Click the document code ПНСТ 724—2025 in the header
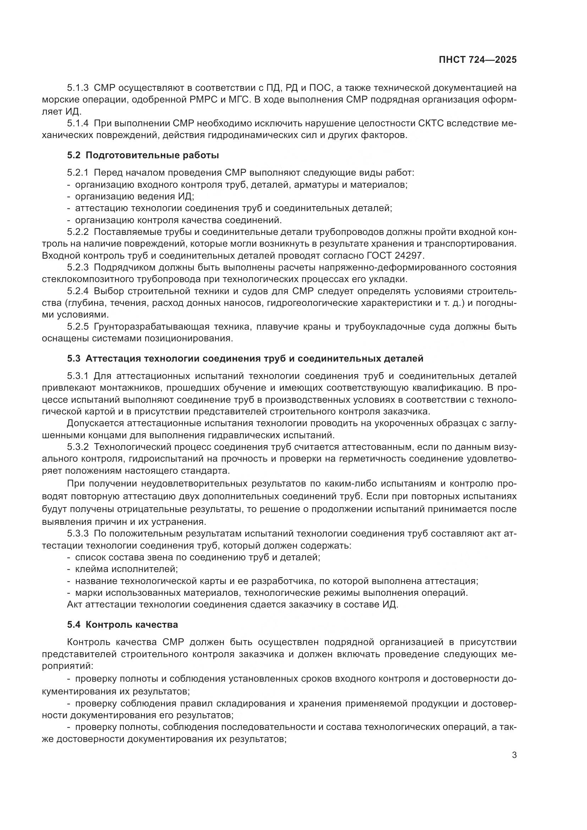coord(477,60)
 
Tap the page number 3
coord(514,755)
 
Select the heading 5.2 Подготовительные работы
coord(143,155)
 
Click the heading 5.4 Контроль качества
coord(122,625)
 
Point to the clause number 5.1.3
coord(78,88)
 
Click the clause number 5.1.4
coord(78,123)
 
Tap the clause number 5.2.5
coord(78,327)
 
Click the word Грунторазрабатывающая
coord(152,327)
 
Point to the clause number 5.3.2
coord(78,447)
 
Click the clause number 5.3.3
coord(78,533)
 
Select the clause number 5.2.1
coord(78,172)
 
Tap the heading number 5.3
coord(74,359)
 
